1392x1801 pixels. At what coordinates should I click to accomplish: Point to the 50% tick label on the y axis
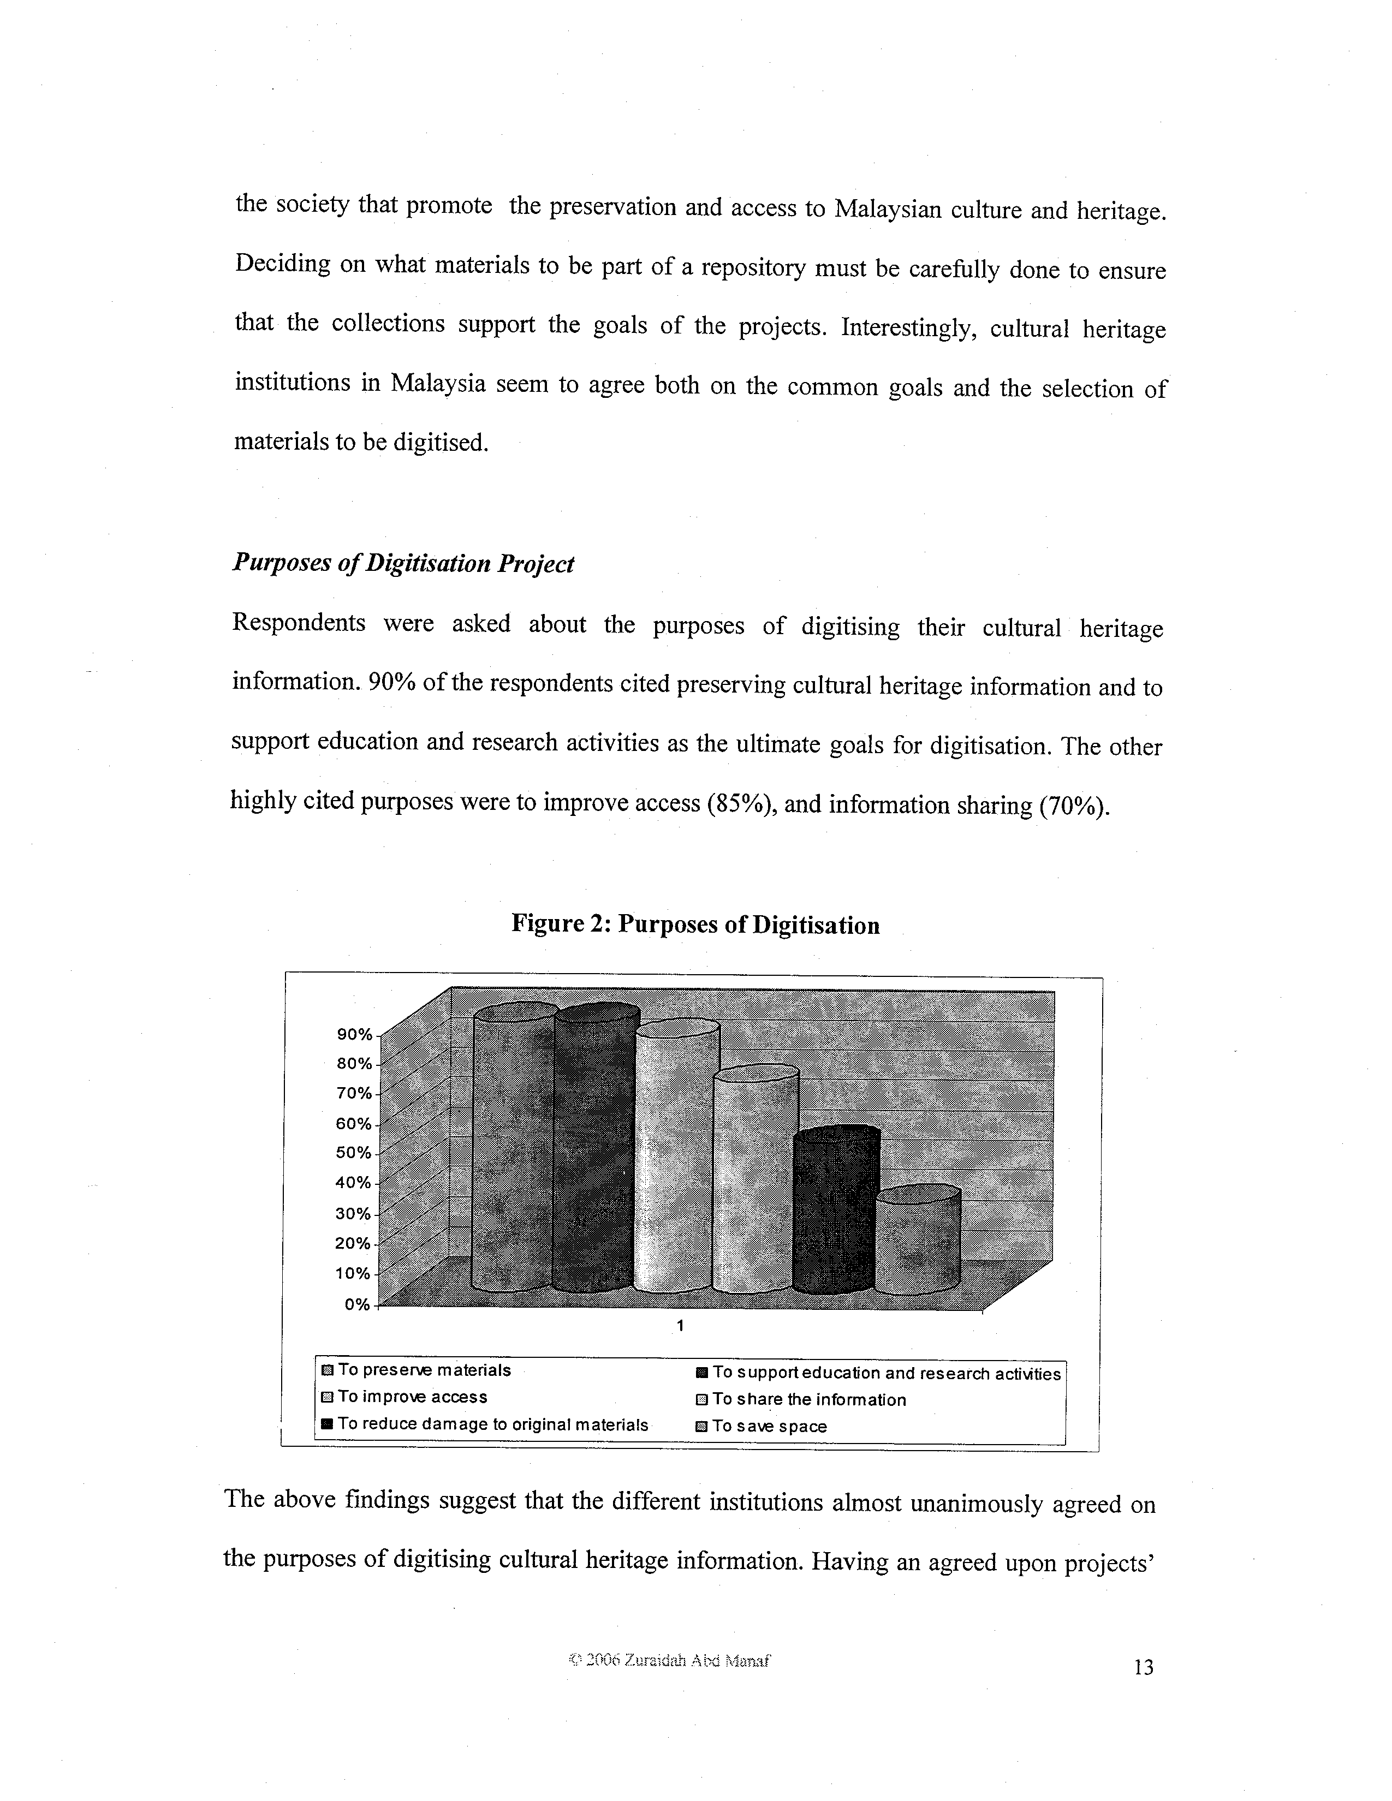[x=354, y=1152]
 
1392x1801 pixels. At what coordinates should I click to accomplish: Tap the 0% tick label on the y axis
[x=357, y=1304]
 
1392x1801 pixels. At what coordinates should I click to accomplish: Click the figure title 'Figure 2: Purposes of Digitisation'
[x=695, y=925]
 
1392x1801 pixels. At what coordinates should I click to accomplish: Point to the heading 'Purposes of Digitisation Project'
[x=403, y=563]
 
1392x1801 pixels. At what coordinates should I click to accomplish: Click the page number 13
[x=1143, y=1667]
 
